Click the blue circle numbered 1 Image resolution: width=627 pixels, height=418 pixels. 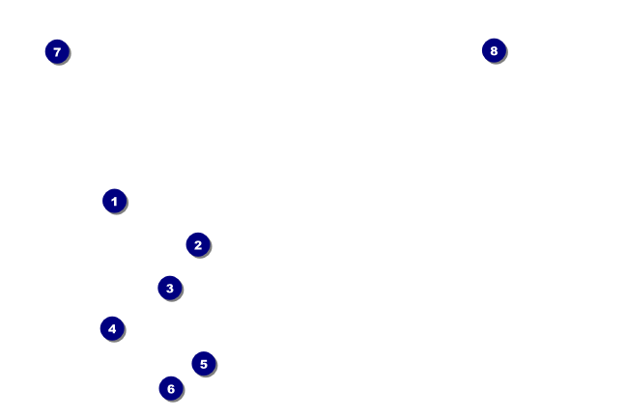(114, 201)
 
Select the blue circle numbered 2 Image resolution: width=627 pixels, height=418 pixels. (197, 245)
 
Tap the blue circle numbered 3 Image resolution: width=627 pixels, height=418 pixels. (169, 288)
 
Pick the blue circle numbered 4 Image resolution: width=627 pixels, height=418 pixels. (112, 328)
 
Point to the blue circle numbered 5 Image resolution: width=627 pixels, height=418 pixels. (203, 364)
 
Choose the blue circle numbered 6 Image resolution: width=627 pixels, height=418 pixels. (170, 388)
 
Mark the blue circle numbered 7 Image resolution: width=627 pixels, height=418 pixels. (57, 51)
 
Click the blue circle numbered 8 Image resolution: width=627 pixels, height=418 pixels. (494, 50)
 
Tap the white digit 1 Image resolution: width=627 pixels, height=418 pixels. (114, 201)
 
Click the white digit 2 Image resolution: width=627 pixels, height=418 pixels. (197, 245)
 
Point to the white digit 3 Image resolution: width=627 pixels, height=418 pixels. (169, 288)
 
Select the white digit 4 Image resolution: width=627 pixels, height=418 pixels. (112, 328)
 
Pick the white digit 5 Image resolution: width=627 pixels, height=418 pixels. (203, 364)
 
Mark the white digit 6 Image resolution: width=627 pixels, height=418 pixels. (170, 388)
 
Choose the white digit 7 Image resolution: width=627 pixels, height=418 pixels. (57, 51)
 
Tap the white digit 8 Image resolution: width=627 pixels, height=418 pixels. (494, 50)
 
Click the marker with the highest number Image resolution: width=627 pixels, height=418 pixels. (494, 50)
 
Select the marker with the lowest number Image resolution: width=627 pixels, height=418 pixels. (114, 201)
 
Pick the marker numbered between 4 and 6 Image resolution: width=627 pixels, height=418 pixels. (203, 364)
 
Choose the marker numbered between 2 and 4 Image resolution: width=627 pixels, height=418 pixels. (169, 288)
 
